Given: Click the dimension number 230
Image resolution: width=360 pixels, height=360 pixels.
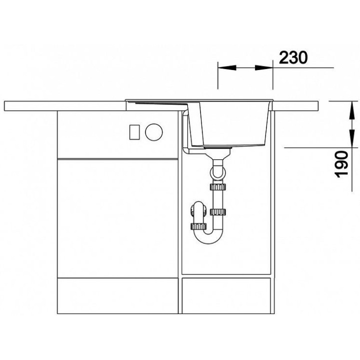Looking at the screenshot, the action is tap(293, 57).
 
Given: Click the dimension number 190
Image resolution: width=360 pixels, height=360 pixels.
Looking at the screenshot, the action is tap(341, 164).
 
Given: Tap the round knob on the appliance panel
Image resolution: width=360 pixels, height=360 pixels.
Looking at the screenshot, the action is tap(154, 132).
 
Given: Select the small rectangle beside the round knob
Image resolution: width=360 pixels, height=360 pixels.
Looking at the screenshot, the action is tap(134, 132).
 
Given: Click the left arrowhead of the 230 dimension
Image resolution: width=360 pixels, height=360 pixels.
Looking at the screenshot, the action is tap(227, 67).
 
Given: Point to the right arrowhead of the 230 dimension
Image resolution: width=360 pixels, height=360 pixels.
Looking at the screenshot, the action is tap(264, 67).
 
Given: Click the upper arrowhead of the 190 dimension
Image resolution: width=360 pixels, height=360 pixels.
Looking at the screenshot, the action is tap(351, 110).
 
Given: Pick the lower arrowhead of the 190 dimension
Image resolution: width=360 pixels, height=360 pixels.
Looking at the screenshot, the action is tap(351, 138).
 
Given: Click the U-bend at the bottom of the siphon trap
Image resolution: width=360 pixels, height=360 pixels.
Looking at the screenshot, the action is tap(208, 236).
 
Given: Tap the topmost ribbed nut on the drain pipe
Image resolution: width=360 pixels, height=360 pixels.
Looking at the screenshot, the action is tap(218, 186).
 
